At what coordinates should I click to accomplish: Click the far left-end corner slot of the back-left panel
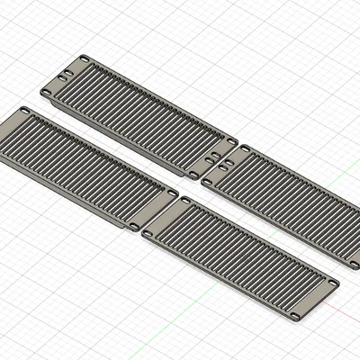click(84, 59)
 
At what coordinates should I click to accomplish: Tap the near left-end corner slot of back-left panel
click(47, 92)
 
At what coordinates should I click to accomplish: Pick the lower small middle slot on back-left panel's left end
click(62, 78)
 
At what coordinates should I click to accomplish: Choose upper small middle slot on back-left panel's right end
click(220, 152)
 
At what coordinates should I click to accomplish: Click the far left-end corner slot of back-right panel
click(244, 148)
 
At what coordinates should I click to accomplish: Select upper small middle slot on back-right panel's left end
click(231, 158)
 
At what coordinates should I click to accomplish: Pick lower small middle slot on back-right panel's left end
click(223, 166)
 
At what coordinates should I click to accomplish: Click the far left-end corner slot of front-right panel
click(184, 200)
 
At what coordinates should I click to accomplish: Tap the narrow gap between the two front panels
click(158, 216)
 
